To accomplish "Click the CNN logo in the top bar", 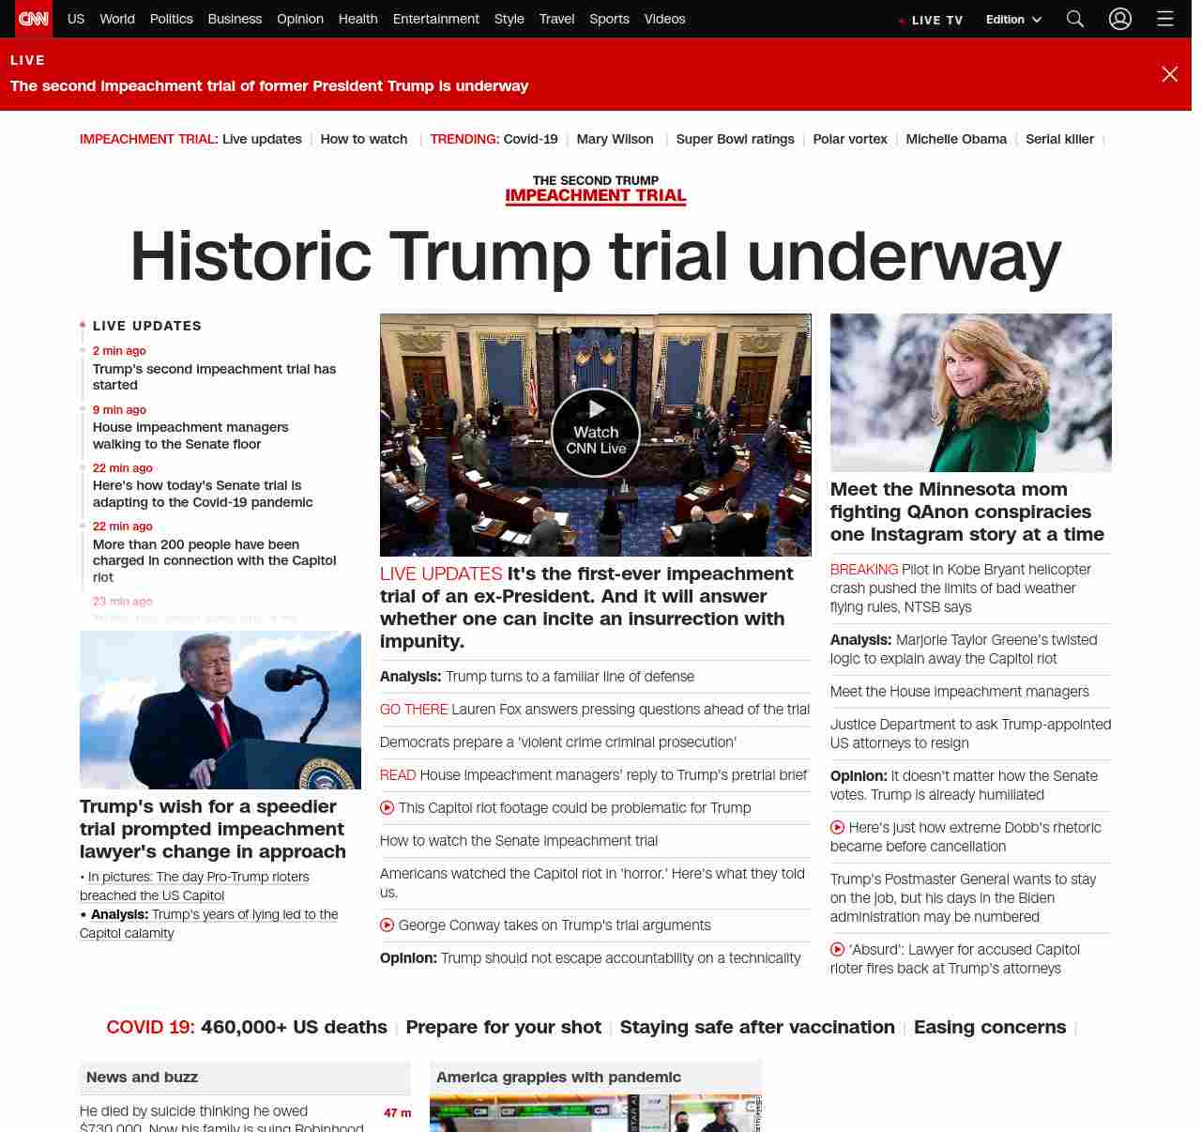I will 34,19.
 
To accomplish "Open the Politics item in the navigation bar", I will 171,19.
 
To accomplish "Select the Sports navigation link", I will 609,19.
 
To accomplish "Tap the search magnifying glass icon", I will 1075,19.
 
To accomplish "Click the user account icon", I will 1120,19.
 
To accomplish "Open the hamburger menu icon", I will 1165,19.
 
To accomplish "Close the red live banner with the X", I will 1169,74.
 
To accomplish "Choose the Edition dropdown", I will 1013,20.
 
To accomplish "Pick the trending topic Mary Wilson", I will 615,139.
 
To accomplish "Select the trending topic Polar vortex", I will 850,139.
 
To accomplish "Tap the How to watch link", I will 364,139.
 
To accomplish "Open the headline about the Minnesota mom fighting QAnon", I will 966,512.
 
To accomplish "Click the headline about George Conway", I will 555,925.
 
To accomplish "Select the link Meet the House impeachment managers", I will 959,692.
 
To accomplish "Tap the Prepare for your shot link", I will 503,1027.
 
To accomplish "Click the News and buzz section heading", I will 142,1078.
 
